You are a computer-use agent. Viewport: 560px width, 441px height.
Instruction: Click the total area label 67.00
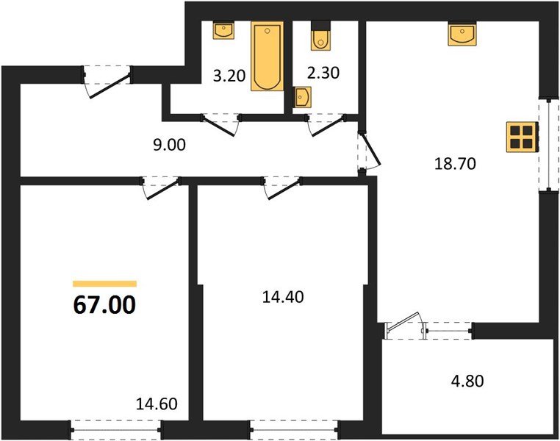tap(104, 305)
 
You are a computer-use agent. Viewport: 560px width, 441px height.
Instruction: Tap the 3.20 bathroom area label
tap(229, 76)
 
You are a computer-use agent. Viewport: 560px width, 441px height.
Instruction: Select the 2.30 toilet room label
tap(323, 73)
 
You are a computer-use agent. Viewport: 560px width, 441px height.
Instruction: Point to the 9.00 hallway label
tap(169, 145)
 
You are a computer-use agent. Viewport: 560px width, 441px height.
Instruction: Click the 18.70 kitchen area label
tap(455, 164)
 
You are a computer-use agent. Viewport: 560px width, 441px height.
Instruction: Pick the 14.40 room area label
tap(283, 297)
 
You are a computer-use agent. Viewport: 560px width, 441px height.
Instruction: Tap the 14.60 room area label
tap(157, 404)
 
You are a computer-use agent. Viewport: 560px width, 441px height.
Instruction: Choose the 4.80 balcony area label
tap(468, 381)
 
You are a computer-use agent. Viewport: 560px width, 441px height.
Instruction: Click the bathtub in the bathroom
tap(268, 56)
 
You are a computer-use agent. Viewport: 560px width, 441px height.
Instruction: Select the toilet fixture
tap(320, 35)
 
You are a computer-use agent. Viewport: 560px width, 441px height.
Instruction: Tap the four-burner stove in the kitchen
tap(522, 137)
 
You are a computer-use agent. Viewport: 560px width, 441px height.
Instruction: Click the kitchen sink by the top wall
tap(462, 35)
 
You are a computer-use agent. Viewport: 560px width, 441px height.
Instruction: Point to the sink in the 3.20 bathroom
tap(223, 30)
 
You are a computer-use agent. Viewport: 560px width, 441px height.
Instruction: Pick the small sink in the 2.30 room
tap(303, 96)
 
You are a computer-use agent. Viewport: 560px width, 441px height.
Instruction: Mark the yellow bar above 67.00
tap(104, 284)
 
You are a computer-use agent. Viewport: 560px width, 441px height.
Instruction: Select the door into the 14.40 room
tap(282, 187)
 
